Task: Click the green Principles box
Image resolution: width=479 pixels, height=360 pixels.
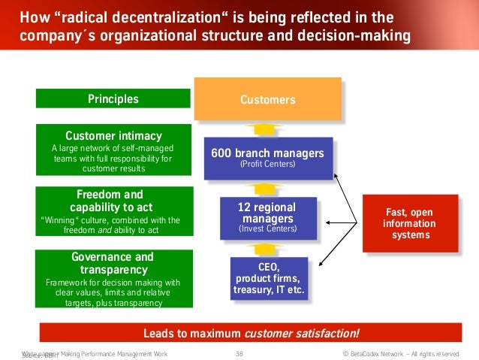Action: [113, 98]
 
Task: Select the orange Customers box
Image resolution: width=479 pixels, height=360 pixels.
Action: [267, 99]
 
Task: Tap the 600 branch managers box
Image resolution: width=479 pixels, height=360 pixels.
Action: [267, 157]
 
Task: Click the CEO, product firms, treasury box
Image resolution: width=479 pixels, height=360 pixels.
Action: [267, 278]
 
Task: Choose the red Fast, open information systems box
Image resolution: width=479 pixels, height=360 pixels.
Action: [410, 223]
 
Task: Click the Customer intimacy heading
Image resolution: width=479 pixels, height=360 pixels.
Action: [113, 136]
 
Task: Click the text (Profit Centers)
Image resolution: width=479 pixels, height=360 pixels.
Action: [267, 164]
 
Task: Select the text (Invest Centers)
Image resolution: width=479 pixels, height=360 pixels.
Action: [267, 228]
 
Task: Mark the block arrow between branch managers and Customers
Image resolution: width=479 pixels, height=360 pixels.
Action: [267, 128]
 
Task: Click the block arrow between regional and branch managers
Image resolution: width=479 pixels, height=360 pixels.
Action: [267, 187]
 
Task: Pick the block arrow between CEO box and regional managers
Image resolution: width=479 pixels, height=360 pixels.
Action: [267, 249]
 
